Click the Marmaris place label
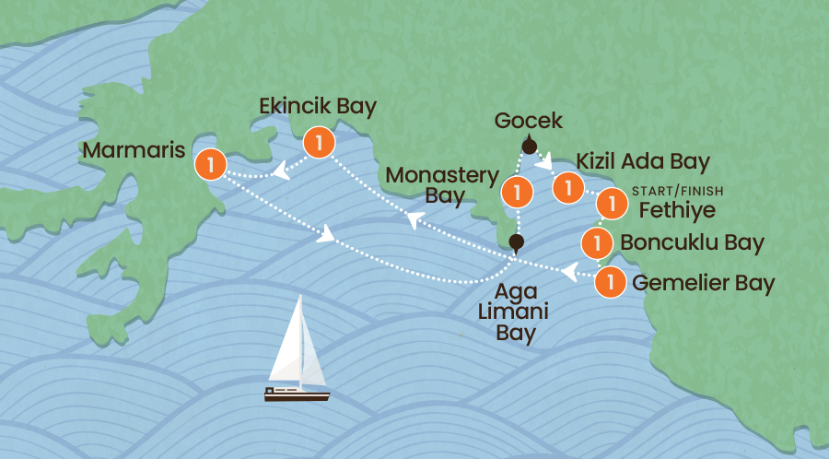tap(133, 149)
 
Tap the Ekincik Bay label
tap(319, 107)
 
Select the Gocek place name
tap(528, 121)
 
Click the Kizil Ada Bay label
tap(643, 162)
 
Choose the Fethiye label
tap(676, 209)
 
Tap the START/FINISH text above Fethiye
tap(678, 191)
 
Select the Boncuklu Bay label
tap(693, 243)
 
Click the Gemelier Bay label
tap(697, 282)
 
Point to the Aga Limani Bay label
tap(516, 311)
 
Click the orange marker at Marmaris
tap(211, 165)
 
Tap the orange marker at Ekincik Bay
tap(318, 142)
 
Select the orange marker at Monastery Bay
tap(518, 193)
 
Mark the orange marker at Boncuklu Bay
tap(599, 243)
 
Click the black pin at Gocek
tap(530, 145)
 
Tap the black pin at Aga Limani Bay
tap(517, 243)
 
